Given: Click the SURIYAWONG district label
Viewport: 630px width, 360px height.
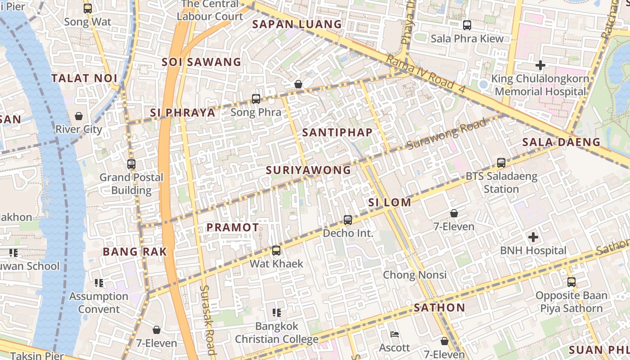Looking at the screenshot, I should pyautogui.click(x=308, y=170).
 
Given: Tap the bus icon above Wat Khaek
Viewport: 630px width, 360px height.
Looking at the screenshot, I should pyautogui.click(x=276, y=251).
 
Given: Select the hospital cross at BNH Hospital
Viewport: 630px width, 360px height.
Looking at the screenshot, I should pyautogui.click(x=533, y=237).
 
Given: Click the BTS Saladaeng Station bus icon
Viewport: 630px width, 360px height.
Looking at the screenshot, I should pyautogui.click(x=501, y=163).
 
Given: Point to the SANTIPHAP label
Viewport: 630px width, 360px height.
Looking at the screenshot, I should pyautogui.click(x=337, y=132).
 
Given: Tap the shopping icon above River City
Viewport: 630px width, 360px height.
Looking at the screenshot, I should pyautogui.click(x=79, y=116).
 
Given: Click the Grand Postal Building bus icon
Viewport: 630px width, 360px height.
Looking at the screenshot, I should pyautogui.click(x=131, y=164).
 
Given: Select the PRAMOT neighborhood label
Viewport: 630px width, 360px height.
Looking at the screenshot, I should pyautogui.click(x=233, y=228).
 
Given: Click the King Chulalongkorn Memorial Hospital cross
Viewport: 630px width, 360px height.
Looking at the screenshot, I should pyautogui.click(x=540, y=65).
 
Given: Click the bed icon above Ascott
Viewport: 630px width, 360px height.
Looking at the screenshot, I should pyautogui.click(x=395, y=334).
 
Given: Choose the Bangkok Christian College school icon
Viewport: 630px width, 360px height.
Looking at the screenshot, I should pyautogui.click(x=277, y=312).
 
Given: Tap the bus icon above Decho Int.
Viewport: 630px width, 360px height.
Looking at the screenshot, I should pyautogui.click(x=348, y=220).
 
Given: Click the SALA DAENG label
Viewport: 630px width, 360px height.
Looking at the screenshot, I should pyautogui.click(x=561, y=142).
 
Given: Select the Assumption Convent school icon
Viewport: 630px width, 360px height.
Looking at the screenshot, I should pyautogui.click(x=99, y=283).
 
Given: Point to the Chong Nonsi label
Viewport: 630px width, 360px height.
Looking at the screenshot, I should pyautogui.click(x=414, y=274).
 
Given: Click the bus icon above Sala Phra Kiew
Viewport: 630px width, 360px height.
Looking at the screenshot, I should pyautogui.click(x=467, y=25).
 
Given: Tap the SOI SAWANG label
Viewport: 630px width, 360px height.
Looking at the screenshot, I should pyautogui.click(x=201, y=62).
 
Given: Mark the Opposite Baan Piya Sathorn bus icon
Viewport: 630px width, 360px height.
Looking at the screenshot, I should pyautogui.click(x=571, y=282).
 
